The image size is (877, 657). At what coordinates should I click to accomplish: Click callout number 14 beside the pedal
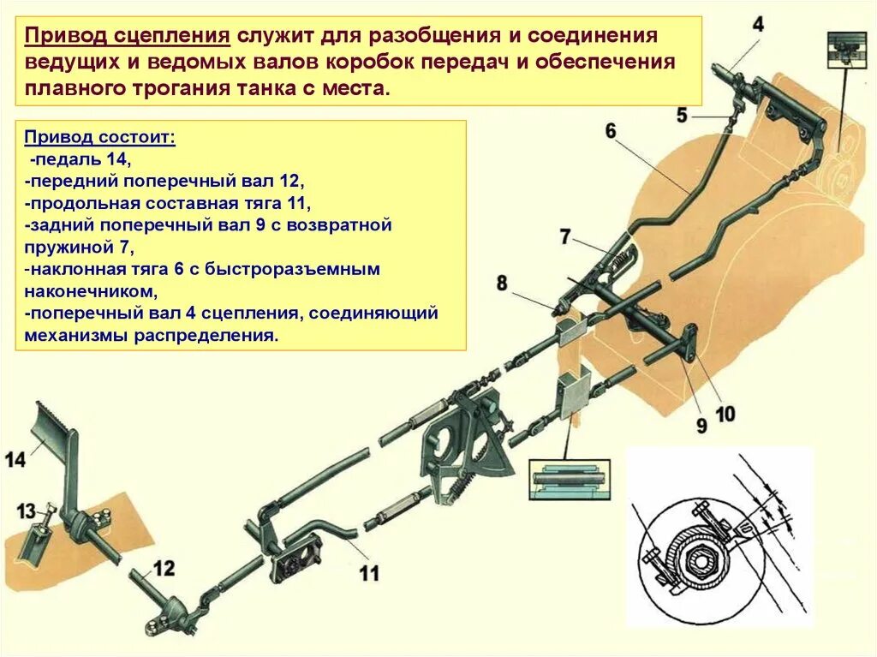point(15,459)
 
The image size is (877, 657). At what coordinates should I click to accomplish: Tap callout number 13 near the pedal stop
point(27,511)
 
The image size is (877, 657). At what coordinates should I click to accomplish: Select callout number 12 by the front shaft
point(164,567)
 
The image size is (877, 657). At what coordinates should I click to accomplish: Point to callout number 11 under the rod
point(368,572)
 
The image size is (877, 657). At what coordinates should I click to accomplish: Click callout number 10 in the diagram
point(725,414)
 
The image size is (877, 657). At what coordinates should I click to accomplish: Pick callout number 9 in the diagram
point(701,425)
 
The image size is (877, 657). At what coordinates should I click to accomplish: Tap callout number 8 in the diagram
point(501,284)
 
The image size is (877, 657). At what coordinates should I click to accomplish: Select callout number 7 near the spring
point(564,236)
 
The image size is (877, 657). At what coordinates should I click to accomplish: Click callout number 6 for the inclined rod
point(610,130)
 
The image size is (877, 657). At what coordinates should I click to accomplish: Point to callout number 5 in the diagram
point(682,114)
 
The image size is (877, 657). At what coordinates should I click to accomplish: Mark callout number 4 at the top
point(758,23)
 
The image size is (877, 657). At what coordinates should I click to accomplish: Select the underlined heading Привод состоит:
point(99,138)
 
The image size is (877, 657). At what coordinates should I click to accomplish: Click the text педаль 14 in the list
point(82,160)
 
